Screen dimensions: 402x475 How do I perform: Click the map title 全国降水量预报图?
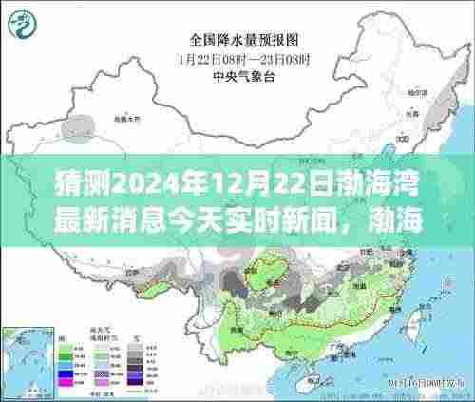pos(237,40)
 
